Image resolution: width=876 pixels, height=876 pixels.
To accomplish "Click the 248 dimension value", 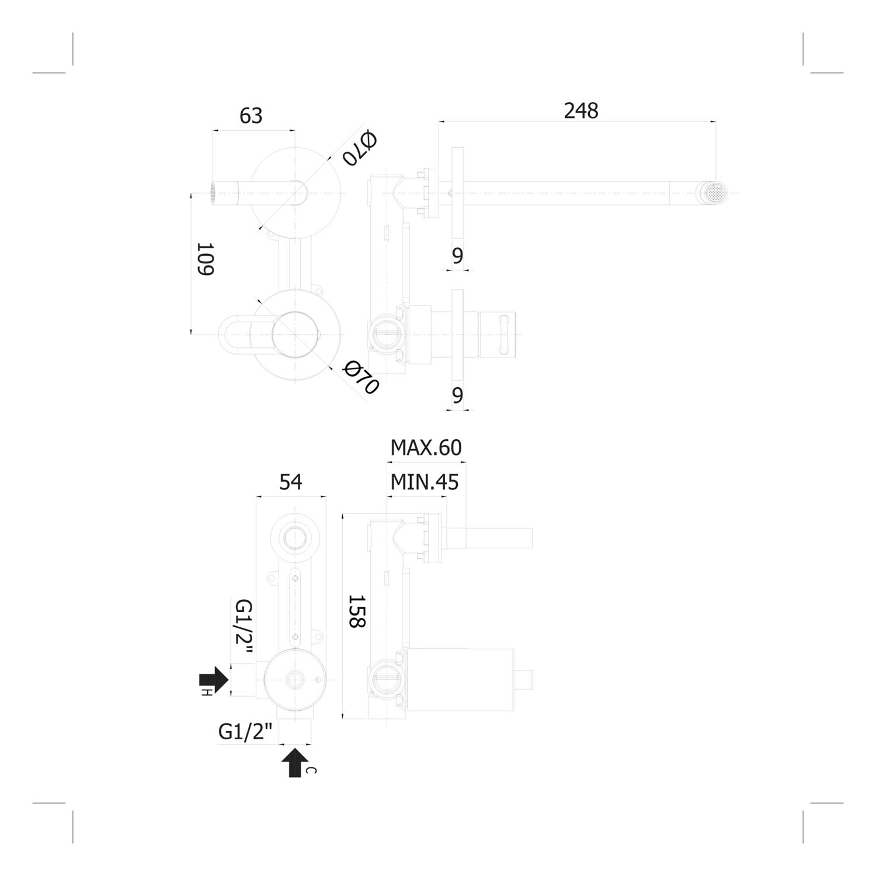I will click(581, 111).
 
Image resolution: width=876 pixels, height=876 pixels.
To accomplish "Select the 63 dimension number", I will click(251, 116).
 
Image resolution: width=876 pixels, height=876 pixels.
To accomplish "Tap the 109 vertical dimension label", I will click(205, 259).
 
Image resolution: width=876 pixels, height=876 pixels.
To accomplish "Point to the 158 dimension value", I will click(356, 611).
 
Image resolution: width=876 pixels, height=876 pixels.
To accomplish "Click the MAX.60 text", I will click(426, 448).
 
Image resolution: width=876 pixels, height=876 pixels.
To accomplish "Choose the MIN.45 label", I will click(425, 482).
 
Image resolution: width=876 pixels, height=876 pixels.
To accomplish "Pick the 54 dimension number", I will click(291, 482).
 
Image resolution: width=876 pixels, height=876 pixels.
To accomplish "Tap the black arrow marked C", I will click(295, 762).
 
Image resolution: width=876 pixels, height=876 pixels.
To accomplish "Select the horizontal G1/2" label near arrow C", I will click(246, 732).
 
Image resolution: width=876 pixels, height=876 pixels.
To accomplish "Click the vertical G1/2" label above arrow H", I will click(243, 630).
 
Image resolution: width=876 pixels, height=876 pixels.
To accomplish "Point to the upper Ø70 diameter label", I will click(360, 148).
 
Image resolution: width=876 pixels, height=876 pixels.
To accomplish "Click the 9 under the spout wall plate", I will click(457, 256).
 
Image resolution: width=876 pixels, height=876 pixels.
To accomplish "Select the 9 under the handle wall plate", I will click(457, 395).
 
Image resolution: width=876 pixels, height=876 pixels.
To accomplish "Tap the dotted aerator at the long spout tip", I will click(715, 193).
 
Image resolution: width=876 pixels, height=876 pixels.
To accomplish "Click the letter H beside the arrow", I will click(206, 693).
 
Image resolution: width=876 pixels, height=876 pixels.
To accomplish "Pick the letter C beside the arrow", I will click(311, 770).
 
